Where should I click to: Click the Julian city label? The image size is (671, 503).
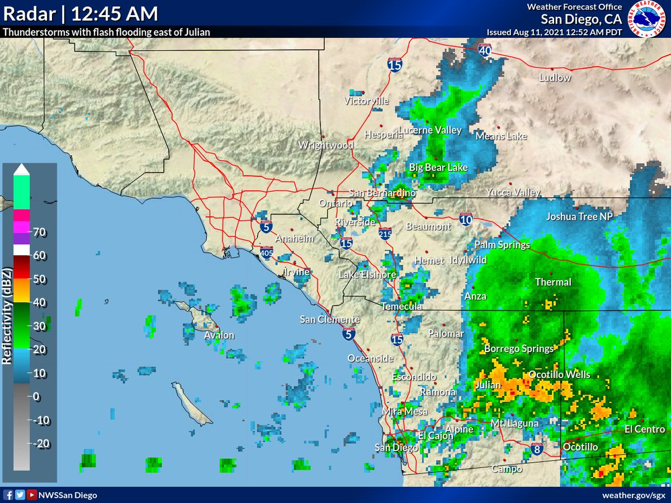pyautogui.click(x=487, y=385)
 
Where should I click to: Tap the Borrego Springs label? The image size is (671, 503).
pyautogui.click(x=518, y=349)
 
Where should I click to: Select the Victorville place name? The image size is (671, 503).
pyautogui.click(x=366, y=101)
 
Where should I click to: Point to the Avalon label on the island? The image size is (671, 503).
pyautogui.click(x=219, y=335)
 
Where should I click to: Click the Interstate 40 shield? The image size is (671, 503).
pyautogui.click(x=485, y=50)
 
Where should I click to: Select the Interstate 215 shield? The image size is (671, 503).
pyautogui.click(x=385, y=234)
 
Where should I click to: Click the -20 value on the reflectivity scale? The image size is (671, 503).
pyautogui.click(x=41, y=443)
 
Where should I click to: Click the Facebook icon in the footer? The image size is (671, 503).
pyautogui.click(x=9, y=495)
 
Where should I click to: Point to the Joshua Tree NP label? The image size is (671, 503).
pyautogui.click(x=580, y=217)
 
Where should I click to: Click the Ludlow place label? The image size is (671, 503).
pyautogui.click(x=555, y=78)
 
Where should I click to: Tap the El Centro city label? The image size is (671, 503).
pyautogui.click(x=645, y=429)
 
